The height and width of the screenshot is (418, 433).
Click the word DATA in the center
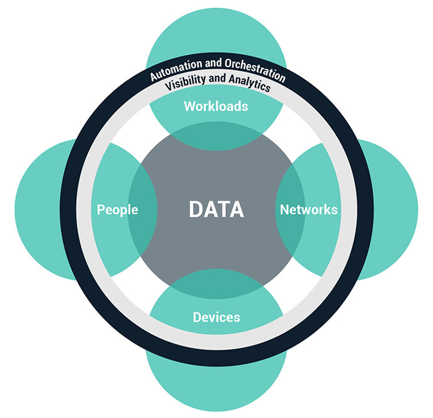[216, 209]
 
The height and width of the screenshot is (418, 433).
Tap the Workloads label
[216, 106]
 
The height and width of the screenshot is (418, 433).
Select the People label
[117, 209]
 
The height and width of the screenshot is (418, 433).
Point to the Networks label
[309, 209]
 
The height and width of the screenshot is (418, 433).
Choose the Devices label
[216, 316]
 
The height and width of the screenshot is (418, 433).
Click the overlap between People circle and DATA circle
[143, 209]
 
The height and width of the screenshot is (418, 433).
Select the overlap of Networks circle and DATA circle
[290, 209]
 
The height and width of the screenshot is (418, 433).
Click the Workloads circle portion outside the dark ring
[216, 32]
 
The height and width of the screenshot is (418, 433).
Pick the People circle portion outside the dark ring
[38, 209]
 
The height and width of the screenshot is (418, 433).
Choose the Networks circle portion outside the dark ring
[397, 209]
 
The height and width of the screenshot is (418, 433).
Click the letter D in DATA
[196, 209]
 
